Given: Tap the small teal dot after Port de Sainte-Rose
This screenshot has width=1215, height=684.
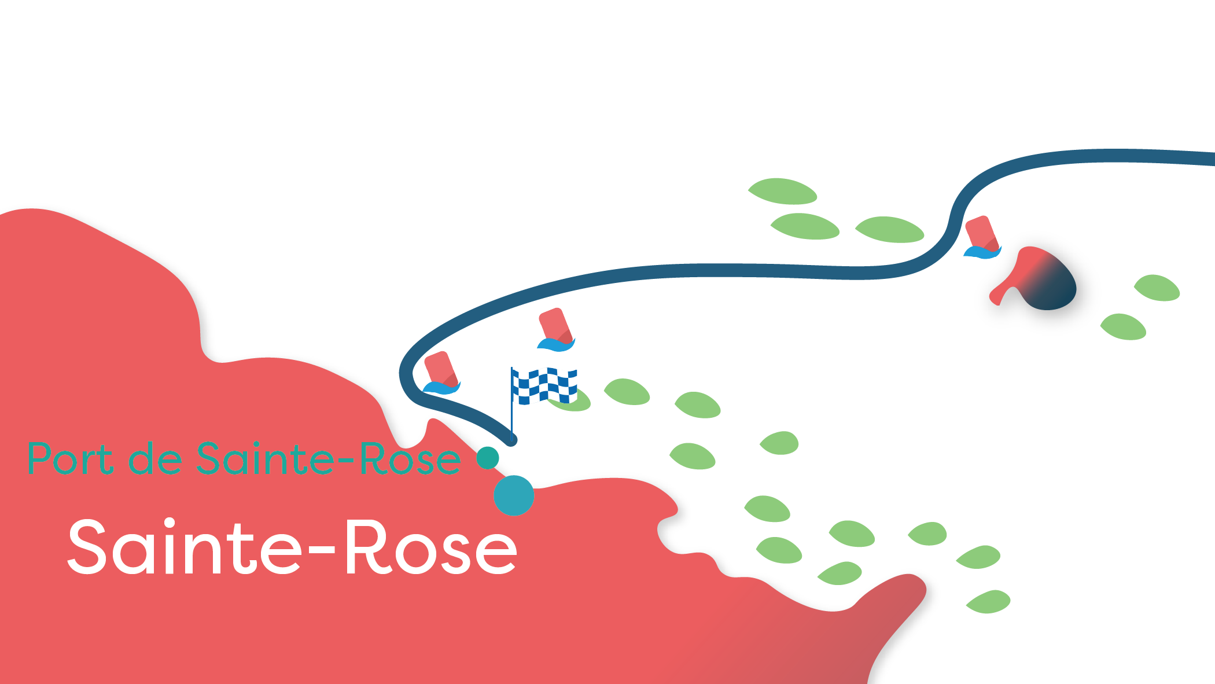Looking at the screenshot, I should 488,458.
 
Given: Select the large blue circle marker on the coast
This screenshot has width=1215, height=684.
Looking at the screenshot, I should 514,495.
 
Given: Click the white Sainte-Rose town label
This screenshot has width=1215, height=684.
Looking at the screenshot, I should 292,547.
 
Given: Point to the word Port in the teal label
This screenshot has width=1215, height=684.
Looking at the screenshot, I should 70,459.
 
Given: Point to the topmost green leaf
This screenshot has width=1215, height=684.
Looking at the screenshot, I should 782,191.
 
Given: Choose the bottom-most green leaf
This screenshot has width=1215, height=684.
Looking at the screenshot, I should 988,602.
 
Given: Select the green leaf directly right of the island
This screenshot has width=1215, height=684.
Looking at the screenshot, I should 1157,288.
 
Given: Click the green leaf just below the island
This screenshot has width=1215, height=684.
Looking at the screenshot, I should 1123,327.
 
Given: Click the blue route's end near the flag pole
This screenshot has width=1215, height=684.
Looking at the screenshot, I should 511,440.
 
